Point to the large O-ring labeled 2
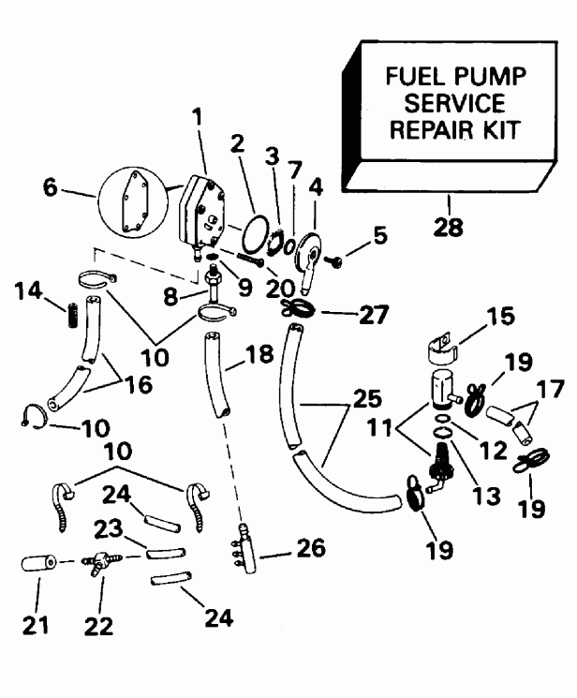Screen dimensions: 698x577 click(x=247, y=232)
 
